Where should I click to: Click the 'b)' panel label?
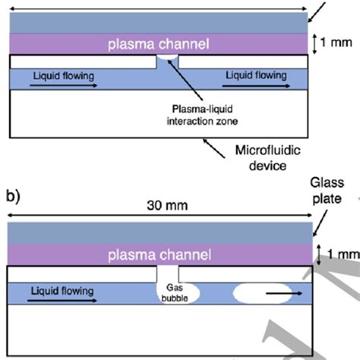coord(14,197)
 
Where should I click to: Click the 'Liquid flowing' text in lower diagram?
coord(60,290)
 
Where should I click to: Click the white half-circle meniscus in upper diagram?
coord(169,61)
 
